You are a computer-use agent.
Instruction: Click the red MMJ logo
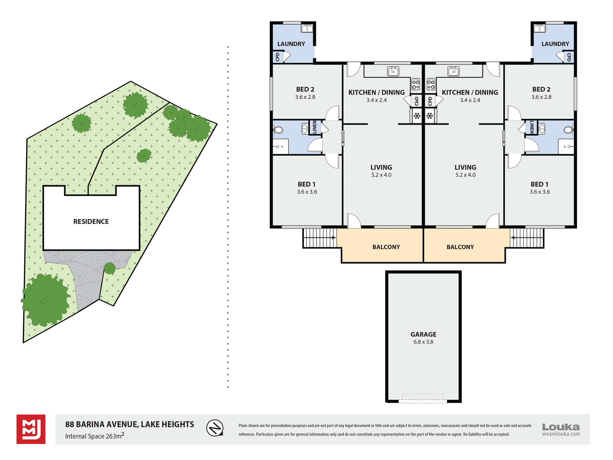tap(31, 429)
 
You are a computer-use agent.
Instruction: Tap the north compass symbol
tap(215, 428)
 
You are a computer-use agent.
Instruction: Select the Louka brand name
tap(561, 427)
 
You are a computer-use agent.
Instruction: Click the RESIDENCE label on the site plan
tap(91, 221)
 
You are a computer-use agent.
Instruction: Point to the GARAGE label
tap(423, 334)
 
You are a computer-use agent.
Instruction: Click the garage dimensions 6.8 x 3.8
tap(423, 342)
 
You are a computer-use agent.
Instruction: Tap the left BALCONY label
tap(386, 247)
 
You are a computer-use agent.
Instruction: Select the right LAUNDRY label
tap(555, 44)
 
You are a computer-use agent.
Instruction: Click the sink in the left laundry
tap(307, 28)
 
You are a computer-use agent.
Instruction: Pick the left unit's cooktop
tap(416, 84)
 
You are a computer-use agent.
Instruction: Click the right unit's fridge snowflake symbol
tap(429, 116)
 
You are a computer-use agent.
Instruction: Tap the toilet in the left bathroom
tap(278, 130)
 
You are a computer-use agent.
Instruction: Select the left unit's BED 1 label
tap(306, 184)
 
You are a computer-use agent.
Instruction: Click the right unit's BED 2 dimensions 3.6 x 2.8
tap(541, 97)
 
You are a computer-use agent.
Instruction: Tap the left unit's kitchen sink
tap(393, 71)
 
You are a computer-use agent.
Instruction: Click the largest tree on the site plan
tap(45, 300)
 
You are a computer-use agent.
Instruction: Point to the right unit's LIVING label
tap(465, 167)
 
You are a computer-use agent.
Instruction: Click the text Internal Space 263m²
tap(95, 436)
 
